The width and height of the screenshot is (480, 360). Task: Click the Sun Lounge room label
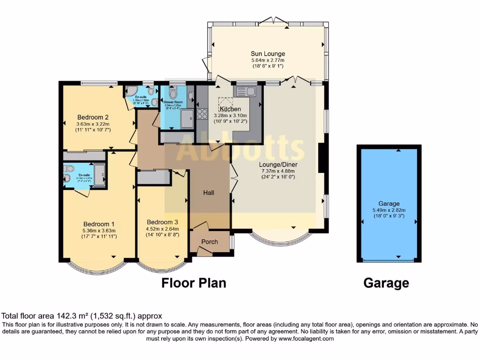click(268, 53)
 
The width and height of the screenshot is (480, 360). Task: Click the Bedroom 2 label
click(93, 117)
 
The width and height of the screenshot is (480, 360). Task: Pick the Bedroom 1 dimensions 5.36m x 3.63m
click(99, 231)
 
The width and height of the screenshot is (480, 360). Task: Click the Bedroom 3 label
click(162, 222)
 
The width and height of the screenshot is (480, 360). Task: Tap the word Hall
click(209, 193)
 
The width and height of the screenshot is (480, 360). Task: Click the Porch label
click(209, 242)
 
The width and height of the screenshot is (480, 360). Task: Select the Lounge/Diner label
click(279, 165)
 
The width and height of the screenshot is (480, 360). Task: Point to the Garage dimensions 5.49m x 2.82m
click(389, 210)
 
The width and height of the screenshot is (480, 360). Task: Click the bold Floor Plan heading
click(194, 283)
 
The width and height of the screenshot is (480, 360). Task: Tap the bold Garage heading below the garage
click(386, 283)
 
